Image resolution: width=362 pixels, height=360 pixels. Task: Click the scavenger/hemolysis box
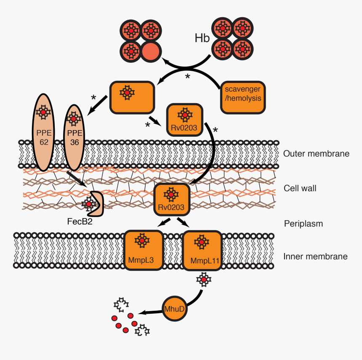coord(242,98)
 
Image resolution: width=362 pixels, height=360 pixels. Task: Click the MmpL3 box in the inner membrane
coord(143,250)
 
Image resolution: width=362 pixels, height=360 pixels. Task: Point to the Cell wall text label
coord(300,188)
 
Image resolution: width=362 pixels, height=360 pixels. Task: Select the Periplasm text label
coord(303,224)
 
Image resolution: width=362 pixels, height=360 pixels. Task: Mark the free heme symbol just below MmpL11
coord(204,280)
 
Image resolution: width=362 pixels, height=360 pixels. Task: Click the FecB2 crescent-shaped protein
coord(94,204)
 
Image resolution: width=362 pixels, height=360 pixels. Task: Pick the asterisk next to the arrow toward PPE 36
coord(94,98)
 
